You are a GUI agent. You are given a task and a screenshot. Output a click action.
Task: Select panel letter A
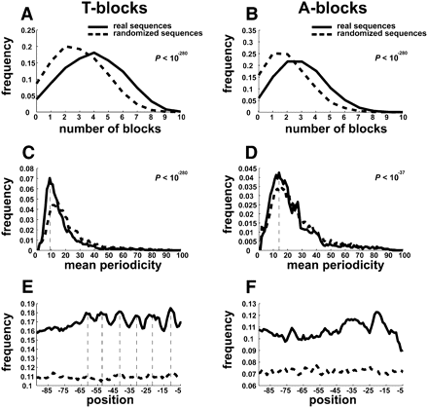tap(12, 12)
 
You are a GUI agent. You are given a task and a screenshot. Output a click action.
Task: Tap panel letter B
tap(229, 12)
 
